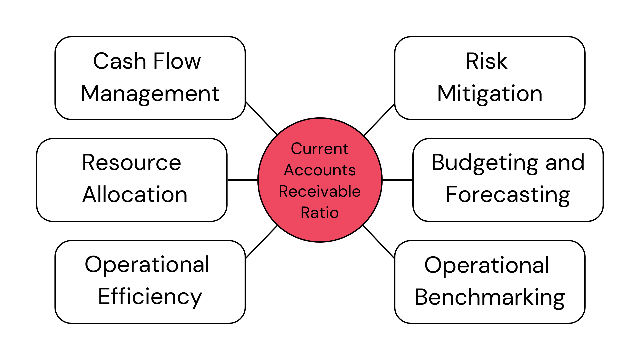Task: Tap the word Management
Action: [x=150, y=93]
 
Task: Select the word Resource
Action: [x=132, y=163]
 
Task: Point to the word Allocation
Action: [x=135, y=195]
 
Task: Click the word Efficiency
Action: [x=150, y=297]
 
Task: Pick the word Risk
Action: [x=486, y=61]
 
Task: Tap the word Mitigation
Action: [x=490, y=93]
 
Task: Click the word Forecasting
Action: [x=508, y=195]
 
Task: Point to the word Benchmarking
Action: [x=490, y=297]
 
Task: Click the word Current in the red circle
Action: [x=320, y=149]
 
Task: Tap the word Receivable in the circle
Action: [x=320, y=191]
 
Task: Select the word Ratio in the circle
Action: [x=320, y=213]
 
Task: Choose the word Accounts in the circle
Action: [x=320, y=170]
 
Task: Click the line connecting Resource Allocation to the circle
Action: [x=242, y=180]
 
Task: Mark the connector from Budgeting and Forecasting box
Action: [x=397, y=180]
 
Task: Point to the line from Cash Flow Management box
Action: [x=262, y=118]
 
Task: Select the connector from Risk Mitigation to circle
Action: [x=379, y=120]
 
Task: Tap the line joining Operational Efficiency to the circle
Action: [x=262, y=242]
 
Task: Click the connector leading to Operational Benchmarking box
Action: [x=379, y=242]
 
